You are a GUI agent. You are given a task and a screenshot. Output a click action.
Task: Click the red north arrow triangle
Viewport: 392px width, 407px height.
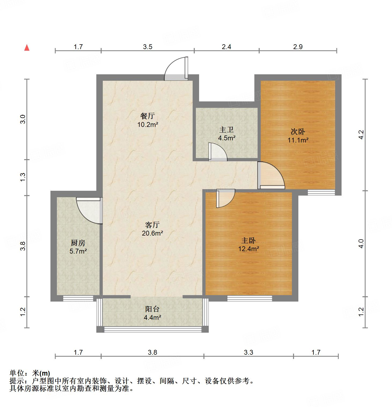[27, 48]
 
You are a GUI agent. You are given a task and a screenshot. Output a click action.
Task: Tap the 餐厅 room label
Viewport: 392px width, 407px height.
[147, 116]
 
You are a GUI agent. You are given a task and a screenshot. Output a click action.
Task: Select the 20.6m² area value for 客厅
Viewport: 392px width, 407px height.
[152, 233]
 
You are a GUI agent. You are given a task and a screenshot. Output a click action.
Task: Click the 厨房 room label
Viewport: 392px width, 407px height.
[78, 243]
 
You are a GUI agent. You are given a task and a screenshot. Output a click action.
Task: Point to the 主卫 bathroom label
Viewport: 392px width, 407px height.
[226, 130]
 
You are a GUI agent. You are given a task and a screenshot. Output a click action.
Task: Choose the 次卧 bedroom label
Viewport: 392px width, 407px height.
[298, 132]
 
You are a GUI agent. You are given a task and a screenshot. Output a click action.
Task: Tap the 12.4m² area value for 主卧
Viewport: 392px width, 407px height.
[249, 249]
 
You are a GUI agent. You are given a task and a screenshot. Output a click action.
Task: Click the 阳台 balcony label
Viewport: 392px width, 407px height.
[152, 309]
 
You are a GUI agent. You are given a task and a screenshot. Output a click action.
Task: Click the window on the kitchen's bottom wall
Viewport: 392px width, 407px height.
[78, 298]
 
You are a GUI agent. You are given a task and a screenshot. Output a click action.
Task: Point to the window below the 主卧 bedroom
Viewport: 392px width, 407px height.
[250, 298]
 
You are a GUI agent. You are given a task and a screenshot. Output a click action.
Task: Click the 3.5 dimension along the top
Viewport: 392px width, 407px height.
[148, 47]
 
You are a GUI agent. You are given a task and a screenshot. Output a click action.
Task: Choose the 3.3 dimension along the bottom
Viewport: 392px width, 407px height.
[248, 352]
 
